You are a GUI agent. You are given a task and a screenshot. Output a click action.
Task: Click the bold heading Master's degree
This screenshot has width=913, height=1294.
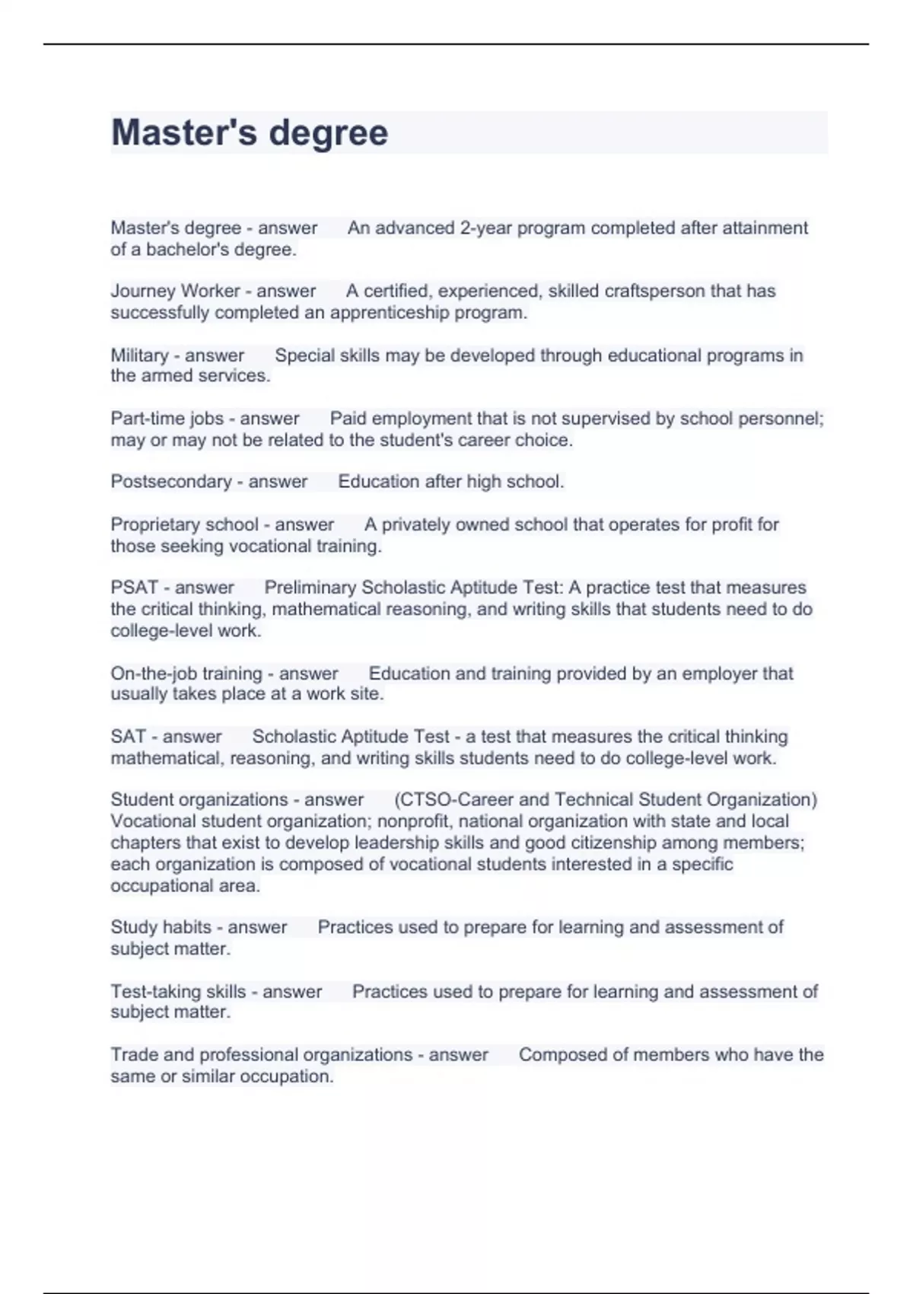coord(250,132)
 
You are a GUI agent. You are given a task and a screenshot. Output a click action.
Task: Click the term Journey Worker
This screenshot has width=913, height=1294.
coord(175,291)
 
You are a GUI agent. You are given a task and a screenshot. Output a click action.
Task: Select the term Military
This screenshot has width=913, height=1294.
coord(139,355)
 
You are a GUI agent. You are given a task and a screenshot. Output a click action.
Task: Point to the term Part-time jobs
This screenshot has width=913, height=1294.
coord(167,419)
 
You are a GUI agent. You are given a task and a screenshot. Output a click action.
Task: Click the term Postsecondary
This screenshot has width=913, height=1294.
coord(171,482)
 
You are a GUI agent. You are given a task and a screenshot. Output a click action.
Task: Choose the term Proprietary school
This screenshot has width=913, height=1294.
coord(184,524)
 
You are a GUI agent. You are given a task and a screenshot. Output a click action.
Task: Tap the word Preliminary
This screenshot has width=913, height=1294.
coord(310,588)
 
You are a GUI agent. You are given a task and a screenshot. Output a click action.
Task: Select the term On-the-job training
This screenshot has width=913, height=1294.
coord(186,674)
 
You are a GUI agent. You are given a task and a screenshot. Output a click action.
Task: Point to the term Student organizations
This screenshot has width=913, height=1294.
coord(199,800)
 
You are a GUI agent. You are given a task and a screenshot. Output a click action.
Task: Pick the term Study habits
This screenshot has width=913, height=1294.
coord(161,927)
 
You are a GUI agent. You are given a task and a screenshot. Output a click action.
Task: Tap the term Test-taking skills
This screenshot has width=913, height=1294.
coord(178,992)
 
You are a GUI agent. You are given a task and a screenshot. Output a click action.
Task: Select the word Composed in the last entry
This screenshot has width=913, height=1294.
coord(556,1055)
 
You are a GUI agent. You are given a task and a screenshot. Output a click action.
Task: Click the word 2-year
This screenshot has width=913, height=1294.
coord(485,228)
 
